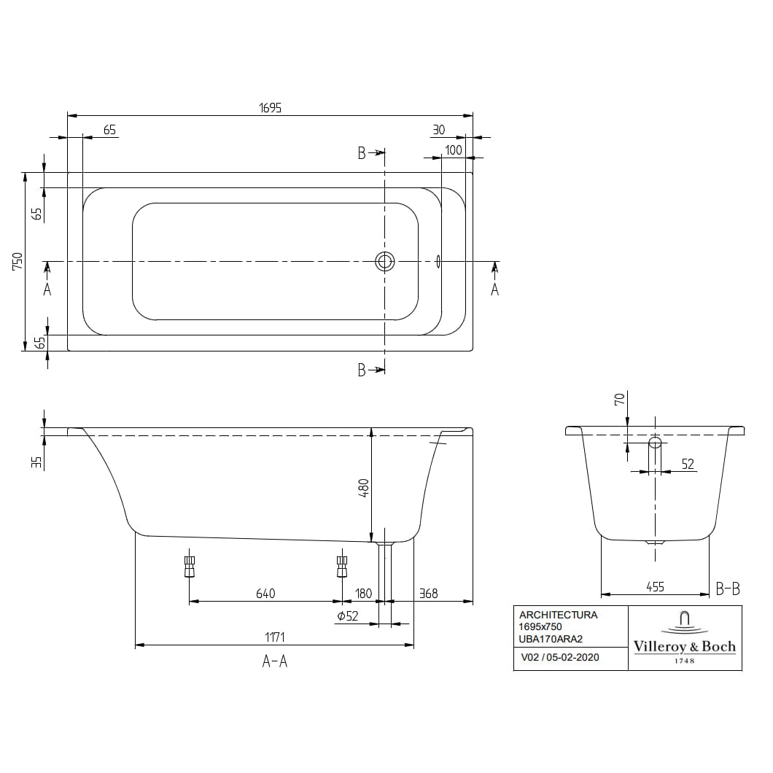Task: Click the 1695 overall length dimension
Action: point(270,108)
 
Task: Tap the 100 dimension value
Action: point(453,150)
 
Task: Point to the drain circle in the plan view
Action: point(385,261)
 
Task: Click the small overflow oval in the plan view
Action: point(438,261)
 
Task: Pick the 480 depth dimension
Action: point(364,486)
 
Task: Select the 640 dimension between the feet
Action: point(265,594)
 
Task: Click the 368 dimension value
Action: point(429,594)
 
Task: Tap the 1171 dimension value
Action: point(273,637)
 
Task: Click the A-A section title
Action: point(274,661)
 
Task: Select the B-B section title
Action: point(728,588)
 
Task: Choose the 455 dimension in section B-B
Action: point(655,586)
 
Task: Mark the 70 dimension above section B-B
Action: point(619,399)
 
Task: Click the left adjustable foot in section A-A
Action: point(190,566)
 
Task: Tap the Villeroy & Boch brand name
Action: point(684,646)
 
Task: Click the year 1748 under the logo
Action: point(684,661)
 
